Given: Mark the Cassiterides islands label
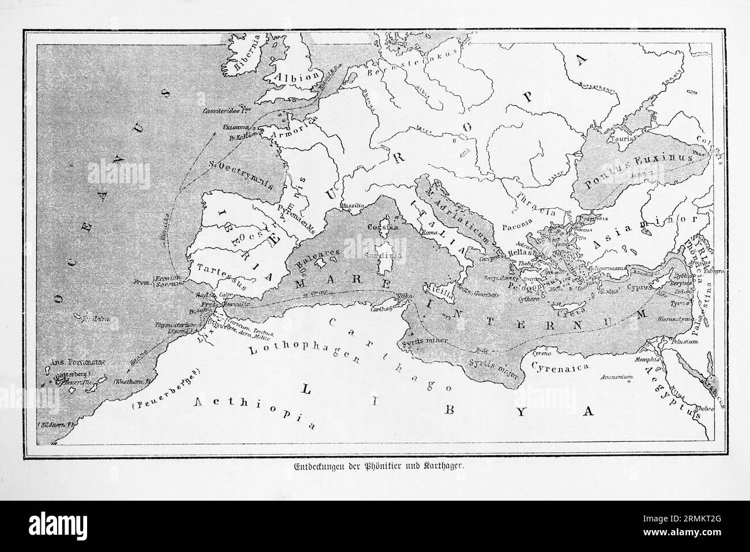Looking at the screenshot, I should click(227, 110).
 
